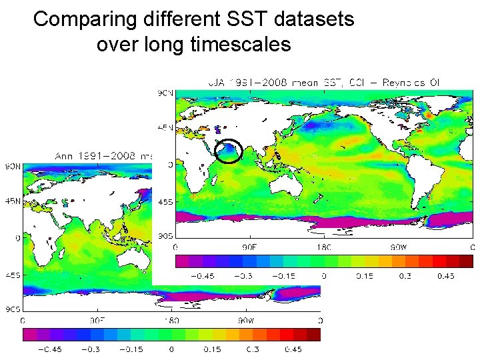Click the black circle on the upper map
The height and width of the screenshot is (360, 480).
229,151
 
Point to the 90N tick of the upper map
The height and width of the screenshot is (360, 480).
163,93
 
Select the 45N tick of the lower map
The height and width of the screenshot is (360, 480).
13,199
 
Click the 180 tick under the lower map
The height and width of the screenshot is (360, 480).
172,321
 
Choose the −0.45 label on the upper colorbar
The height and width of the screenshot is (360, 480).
203,276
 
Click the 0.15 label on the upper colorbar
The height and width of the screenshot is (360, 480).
363,276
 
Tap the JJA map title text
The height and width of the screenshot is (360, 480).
327,83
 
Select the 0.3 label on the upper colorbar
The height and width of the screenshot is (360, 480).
405,276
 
